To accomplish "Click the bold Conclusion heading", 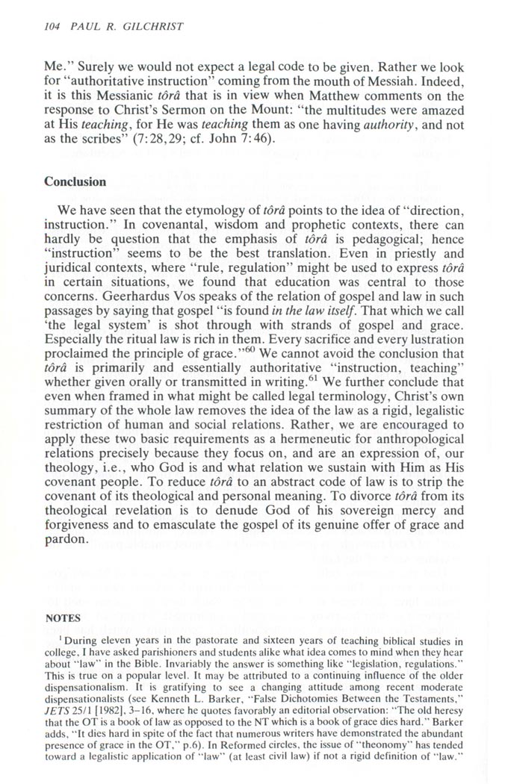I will [x=75, y=181].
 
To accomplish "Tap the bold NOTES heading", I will [x=63, y=619].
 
